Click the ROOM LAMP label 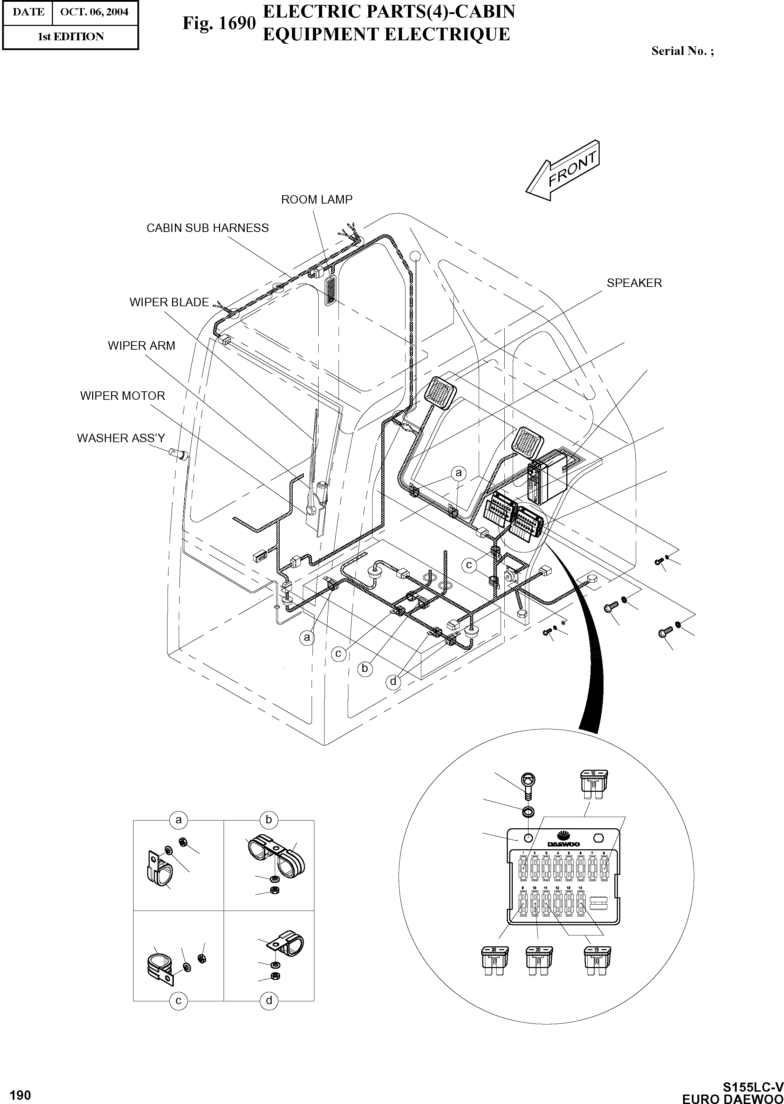pos(317,200)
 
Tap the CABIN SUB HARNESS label pos(207,228)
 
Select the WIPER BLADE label pos(169,302)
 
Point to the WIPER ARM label pos(142,346)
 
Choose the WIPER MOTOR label pos(123,396)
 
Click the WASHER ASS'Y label pos(121,438)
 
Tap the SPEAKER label pos(634,283)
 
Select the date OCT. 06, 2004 pos(95,12)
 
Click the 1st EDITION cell pos(70,37)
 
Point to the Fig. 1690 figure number pos(219,23)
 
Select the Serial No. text pos(682,51)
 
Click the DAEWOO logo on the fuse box pos(563,839)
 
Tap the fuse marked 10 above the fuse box pos(593,784)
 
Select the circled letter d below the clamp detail pos(269,1001)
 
